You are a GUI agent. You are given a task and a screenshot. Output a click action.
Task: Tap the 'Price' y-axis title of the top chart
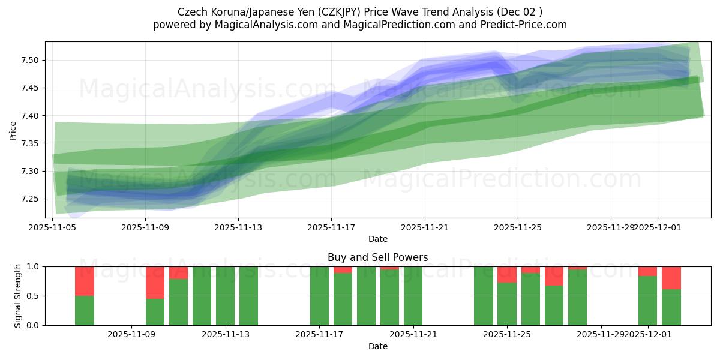click(x=13, y=130)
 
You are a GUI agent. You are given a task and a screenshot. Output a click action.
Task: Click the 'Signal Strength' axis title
click(x=18, y=296)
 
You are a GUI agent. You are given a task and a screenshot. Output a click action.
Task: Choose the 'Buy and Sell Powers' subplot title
click(x=377, y=257)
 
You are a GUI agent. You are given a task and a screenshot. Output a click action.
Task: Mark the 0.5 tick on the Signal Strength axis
click(x=32, y=296)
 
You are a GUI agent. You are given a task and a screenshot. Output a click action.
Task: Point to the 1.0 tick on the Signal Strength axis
click(x=32, y=266)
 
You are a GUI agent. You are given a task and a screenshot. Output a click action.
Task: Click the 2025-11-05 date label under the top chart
click(x=53, y=227)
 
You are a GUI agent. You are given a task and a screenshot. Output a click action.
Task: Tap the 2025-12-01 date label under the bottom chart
click(x=648, y=334)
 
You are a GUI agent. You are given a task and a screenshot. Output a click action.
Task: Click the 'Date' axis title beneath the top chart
click(x=377, y=239)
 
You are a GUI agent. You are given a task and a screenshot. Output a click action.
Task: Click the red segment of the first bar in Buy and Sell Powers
click(x=85, y=281)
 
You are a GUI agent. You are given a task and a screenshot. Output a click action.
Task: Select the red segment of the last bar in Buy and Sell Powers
click(x=671, y=278)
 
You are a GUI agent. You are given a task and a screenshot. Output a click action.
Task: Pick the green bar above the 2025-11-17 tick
click(x=319, y=296)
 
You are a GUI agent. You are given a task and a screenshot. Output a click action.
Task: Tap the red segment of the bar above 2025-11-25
click(x=507, y=274)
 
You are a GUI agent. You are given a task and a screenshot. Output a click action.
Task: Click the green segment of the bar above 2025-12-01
click(x=648, y=301)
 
